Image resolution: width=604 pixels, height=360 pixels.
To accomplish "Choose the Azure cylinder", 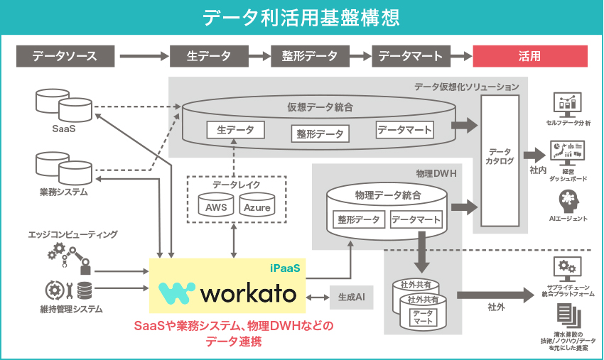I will [x=257, y=207].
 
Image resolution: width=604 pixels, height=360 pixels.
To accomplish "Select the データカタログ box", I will [x=500, y=157].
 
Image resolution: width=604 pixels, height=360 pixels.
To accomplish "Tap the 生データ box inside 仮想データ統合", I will [x=235, y=131].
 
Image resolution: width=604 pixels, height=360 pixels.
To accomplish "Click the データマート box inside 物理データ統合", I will [x=416, y=219].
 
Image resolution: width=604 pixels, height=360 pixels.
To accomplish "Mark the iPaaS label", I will [x=286, y=268].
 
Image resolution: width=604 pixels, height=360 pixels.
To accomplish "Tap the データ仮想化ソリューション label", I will [x=466, y=87].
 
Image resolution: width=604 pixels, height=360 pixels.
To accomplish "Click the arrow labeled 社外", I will [x=495, y=294].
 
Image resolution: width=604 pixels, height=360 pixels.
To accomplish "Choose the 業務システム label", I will [x=63, y=192].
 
